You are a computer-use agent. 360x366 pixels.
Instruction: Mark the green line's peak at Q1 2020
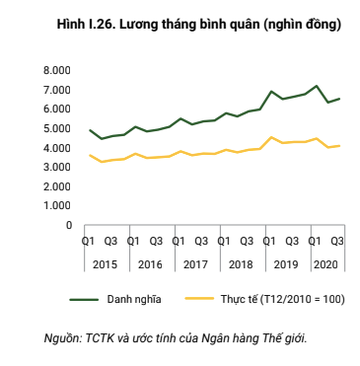click(x=316, y=86)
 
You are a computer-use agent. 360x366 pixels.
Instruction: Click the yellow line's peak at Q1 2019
click(x=271, y=137)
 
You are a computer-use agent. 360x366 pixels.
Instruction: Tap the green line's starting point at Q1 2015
click(x=90, y=130)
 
